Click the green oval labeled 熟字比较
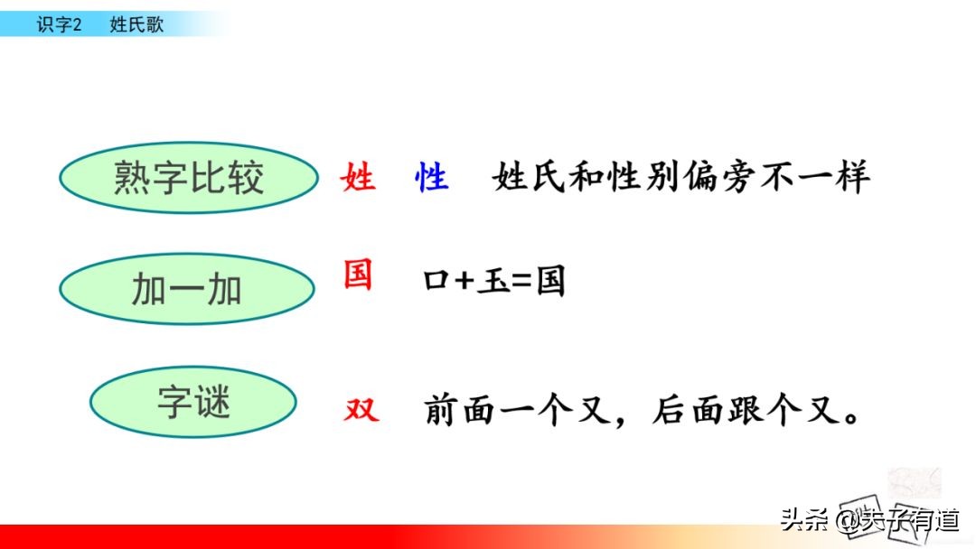pos(189,178)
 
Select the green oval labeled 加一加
pos(187,290)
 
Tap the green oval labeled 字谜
pos(193,403)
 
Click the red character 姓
pos(358,177)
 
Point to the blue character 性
pos(431,177)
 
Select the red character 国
pos(358,274)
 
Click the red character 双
pos(361,412)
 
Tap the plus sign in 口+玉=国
pos(465,283)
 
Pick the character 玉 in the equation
pos(493,283)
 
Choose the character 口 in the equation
pos(436,283)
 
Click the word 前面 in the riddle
pos(473,411)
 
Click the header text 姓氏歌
pos(136,25)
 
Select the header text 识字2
pos(59,25)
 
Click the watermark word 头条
pos(804,521)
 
